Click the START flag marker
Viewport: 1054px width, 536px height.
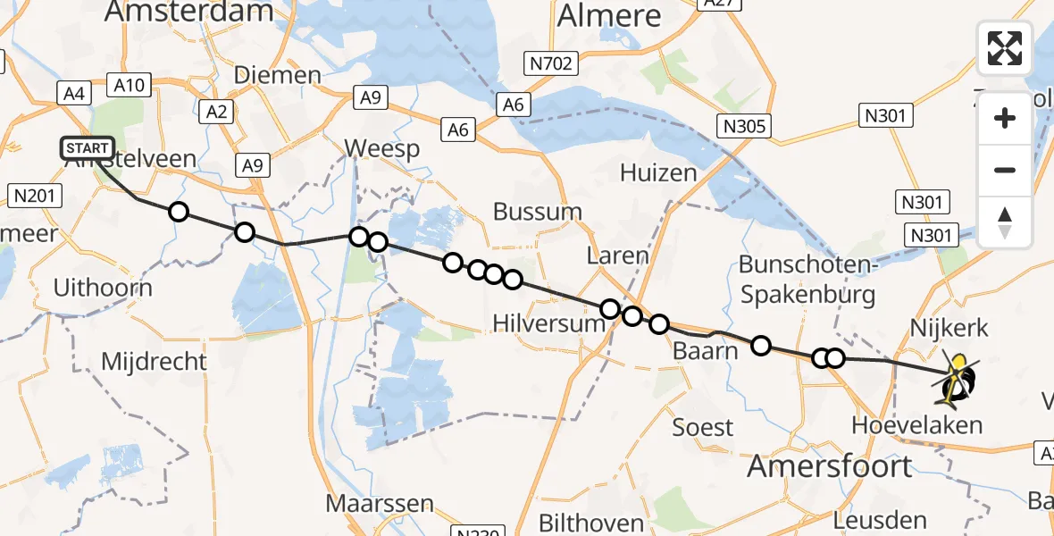pos(87,148)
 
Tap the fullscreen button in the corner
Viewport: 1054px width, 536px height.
pos(1005,48)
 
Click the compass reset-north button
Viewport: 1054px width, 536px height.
pos(1005,222)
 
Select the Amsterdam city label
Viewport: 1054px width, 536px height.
pos(188,11)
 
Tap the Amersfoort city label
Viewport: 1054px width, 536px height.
pos(830,465)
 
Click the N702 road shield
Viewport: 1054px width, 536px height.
pos(552,63)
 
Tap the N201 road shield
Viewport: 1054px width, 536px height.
pos(31,195)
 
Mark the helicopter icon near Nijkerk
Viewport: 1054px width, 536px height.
pos(957,381)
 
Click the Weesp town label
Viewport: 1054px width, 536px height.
pos(381,148)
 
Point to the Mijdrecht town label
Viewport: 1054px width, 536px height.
pos(154,362)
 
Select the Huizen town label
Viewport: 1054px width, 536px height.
pos(659,172)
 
